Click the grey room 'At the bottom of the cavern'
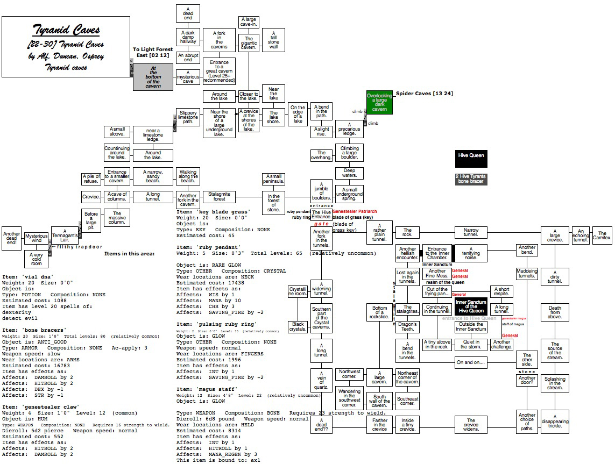(153, 77)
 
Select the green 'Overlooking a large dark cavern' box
(380, 102)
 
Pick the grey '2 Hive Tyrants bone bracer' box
(471, 179)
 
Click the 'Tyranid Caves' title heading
(66, 30)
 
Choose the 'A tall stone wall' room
(273, 40)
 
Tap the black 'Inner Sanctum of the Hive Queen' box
(471, 306)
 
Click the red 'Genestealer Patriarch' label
(355, 212)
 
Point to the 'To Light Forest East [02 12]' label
(153, 52)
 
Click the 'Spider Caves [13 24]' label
(424, 94)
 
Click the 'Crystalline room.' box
(298, 292)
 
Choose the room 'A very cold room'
(36, 259)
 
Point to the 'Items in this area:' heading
(129, 253)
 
